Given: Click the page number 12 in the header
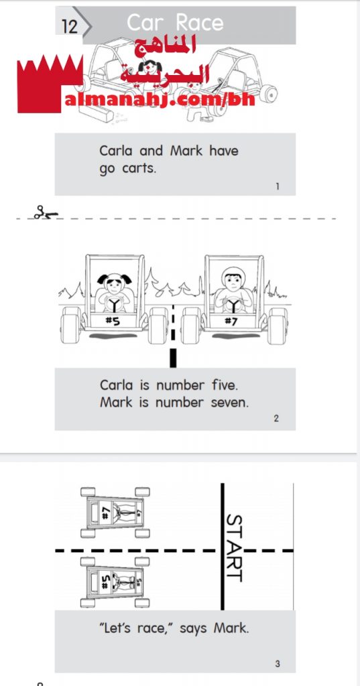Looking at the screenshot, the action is [x=69, y=27].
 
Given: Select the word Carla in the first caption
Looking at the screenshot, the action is [x=115, y=151].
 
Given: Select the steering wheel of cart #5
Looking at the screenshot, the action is [x=115, y=303].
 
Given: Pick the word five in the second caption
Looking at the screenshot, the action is [x=224, y=385].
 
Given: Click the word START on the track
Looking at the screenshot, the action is [x=235, y=548].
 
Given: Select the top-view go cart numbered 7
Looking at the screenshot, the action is [x=115, y=512].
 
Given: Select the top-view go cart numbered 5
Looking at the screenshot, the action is [x=115, y=582].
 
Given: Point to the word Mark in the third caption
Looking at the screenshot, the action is [x=231, y=628].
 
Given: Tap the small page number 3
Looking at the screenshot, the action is [x=278, y=664].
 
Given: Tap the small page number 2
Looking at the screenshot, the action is [x=276, y=419].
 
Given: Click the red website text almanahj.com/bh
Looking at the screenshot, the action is [x=160, y=100].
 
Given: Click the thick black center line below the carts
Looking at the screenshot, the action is [x=173, y=358].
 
